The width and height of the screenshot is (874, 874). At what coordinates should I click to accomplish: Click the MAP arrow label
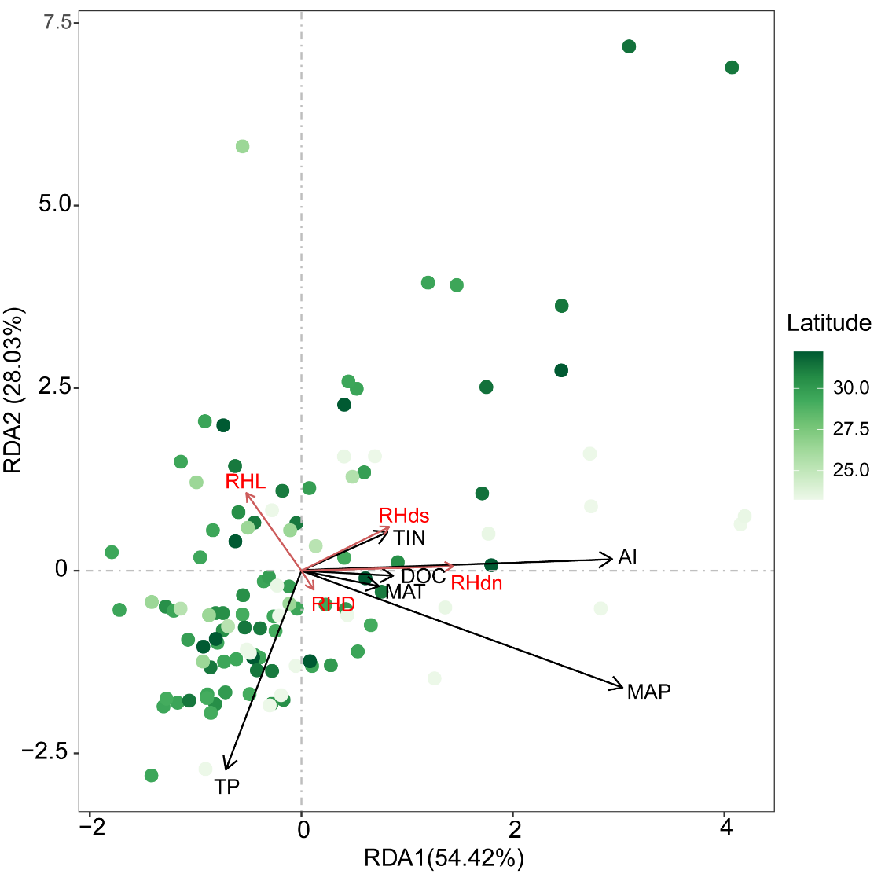649,692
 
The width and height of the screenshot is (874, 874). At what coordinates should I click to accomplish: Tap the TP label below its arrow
227,786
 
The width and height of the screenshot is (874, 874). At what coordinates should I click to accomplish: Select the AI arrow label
628,557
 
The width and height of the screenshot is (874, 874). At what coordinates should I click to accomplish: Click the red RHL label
245,481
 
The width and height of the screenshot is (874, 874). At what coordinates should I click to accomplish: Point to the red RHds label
404,516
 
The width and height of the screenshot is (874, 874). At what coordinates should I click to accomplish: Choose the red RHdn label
476,582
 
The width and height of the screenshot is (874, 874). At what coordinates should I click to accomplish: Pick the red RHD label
333,604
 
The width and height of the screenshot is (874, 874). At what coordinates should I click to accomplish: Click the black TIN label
409,538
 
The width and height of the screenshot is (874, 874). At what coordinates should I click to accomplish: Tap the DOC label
424,576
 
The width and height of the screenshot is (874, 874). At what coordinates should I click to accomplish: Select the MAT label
405,592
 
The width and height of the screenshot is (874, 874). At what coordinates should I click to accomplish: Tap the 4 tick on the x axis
725,828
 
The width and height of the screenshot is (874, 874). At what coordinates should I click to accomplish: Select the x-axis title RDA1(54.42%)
443,857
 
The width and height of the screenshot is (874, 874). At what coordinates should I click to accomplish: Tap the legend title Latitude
828,322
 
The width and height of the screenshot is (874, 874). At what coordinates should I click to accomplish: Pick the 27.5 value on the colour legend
851,429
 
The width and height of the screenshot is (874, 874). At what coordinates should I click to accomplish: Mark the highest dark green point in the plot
629,46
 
